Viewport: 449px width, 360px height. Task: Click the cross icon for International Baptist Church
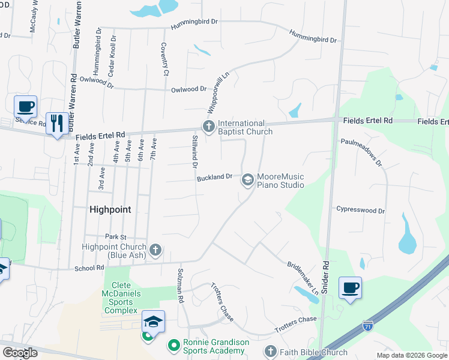(208, 126)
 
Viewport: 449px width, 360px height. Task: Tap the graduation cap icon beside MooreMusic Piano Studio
(247, 180)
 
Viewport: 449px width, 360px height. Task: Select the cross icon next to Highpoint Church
(155, 250)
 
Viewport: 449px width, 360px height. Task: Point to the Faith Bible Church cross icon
(270, 352)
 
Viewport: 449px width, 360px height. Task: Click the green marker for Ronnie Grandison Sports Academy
(173, 345)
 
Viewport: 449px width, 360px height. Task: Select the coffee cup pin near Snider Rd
(351, 287)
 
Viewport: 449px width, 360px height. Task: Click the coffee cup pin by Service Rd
(25, 107)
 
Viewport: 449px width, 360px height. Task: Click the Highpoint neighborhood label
(110, 209)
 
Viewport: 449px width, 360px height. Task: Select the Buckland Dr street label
(214, 178)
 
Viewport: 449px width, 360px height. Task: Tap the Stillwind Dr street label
(195, 152)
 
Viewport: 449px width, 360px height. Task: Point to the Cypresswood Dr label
(360, 211)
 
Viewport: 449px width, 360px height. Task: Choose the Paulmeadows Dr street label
(361, 152)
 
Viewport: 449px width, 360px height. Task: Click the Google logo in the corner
(20, 353)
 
